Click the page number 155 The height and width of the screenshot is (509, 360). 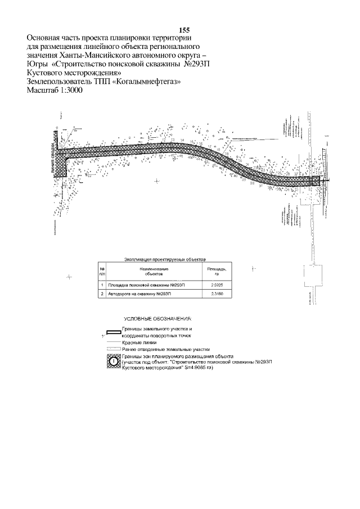click(x=184, y=30)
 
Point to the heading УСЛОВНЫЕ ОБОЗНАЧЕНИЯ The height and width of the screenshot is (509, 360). click(x=157, y=318)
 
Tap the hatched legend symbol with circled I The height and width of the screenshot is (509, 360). click(x=112, y=361)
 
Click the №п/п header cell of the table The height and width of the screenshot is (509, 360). click(x=102, y=272)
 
